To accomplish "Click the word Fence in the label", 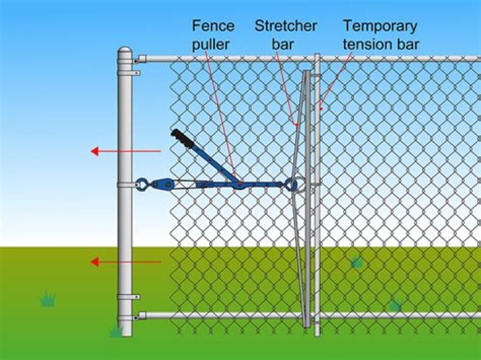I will tap(213, 26).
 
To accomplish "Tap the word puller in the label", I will tap(213, 44).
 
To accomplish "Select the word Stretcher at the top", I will tap(285, 26).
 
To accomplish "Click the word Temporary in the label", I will tap(380, 26).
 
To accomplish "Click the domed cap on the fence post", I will tap(125, 54).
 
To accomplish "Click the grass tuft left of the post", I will tap(47, 300).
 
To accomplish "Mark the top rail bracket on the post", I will tap(135, 59).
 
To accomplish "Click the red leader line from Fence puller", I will tap(220, 114).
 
